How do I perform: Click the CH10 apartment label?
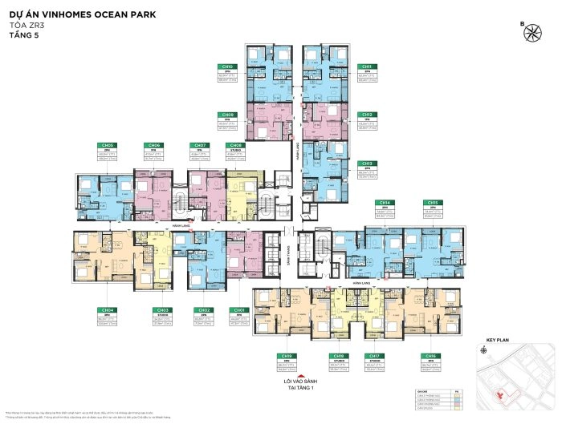(227, 67)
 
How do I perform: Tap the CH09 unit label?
(227, 115)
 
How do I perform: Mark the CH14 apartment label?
(385, 203)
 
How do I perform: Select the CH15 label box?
(433, 203)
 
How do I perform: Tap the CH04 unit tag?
(107, 309)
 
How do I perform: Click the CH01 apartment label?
(238, 309)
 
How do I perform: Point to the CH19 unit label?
(285, 356)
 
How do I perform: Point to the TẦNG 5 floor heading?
(23, 35)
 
